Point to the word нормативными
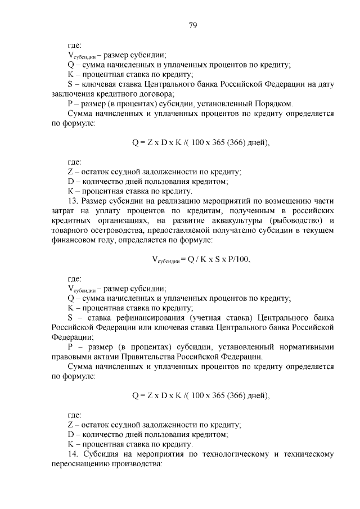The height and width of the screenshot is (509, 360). click(x=305, y=346)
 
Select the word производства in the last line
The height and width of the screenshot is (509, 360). click(x=139, y=463)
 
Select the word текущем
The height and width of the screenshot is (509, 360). click(x=318, y=230)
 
